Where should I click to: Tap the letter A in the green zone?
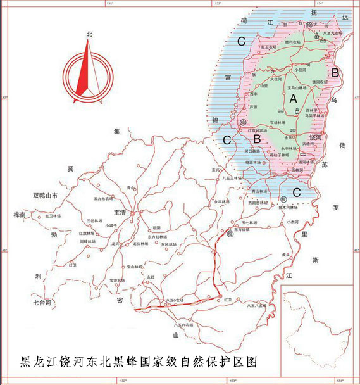293,99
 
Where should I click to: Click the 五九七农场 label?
102,198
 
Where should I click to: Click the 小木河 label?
292,222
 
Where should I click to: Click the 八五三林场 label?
232,179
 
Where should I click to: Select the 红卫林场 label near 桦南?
53,216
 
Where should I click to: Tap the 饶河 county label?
316,136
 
